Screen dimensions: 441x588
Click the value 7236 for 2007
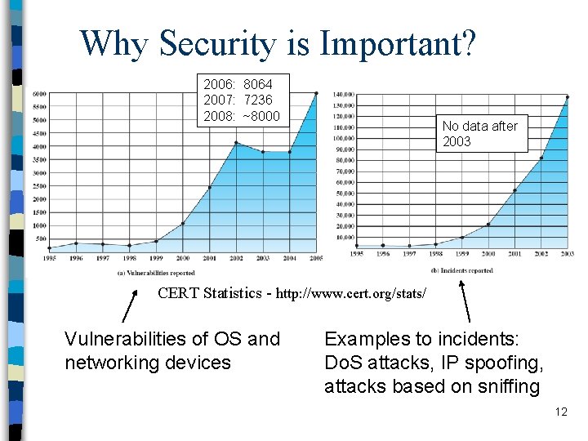pos(257,100)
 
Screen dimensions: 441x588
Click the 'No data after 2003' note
pos(480,133)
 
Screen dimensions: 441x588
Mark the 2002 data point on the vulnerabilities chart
pos(236,143)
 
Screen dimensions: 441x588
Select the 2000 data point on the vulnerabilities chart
pos(183,223)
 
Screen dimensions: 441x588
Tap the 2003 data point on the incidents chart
pos(567,97)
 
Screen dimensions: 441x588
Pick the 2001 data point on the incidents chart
pos(514,190)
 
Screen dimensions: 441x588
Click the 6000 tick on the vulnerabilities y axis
pos(38,94)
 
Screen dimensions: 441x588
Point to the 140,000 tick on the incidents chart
pos(344,94)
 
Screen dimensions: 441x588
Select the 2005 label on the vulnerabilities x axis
pos(316,258)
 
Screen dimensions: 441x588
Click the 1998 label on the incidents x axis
pos(435,254)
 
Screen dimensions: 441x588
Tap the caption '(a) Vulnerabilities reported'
pos(156,273)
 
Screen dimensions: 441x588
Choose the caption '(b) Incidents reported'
pos(461,270)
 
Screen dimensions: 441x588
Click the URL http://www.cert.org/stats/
pos(351,292)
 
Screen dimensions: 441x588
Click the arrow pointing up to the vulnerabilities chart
pos(128,308)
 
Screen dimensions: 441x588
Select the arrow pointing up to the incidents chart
pos(466,301)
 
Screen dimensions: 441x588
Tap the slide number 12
pos(560,412)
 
